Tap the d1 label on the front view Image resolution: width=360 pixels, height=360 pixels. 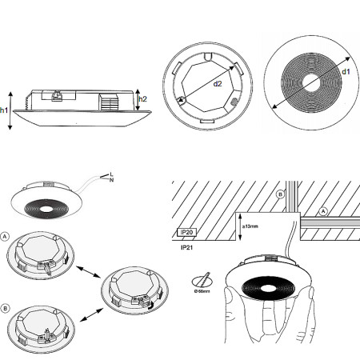[345, 72]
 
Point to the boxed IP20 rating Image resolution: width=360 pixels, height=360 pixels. [189, 233]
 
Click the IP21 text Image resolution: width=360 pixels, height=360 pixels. [189, 249]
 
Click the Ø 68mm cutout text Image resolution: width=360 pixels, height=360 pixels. [202, 292]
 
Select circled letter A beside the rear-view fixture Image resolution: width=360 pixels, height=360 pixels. [7, 238]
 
